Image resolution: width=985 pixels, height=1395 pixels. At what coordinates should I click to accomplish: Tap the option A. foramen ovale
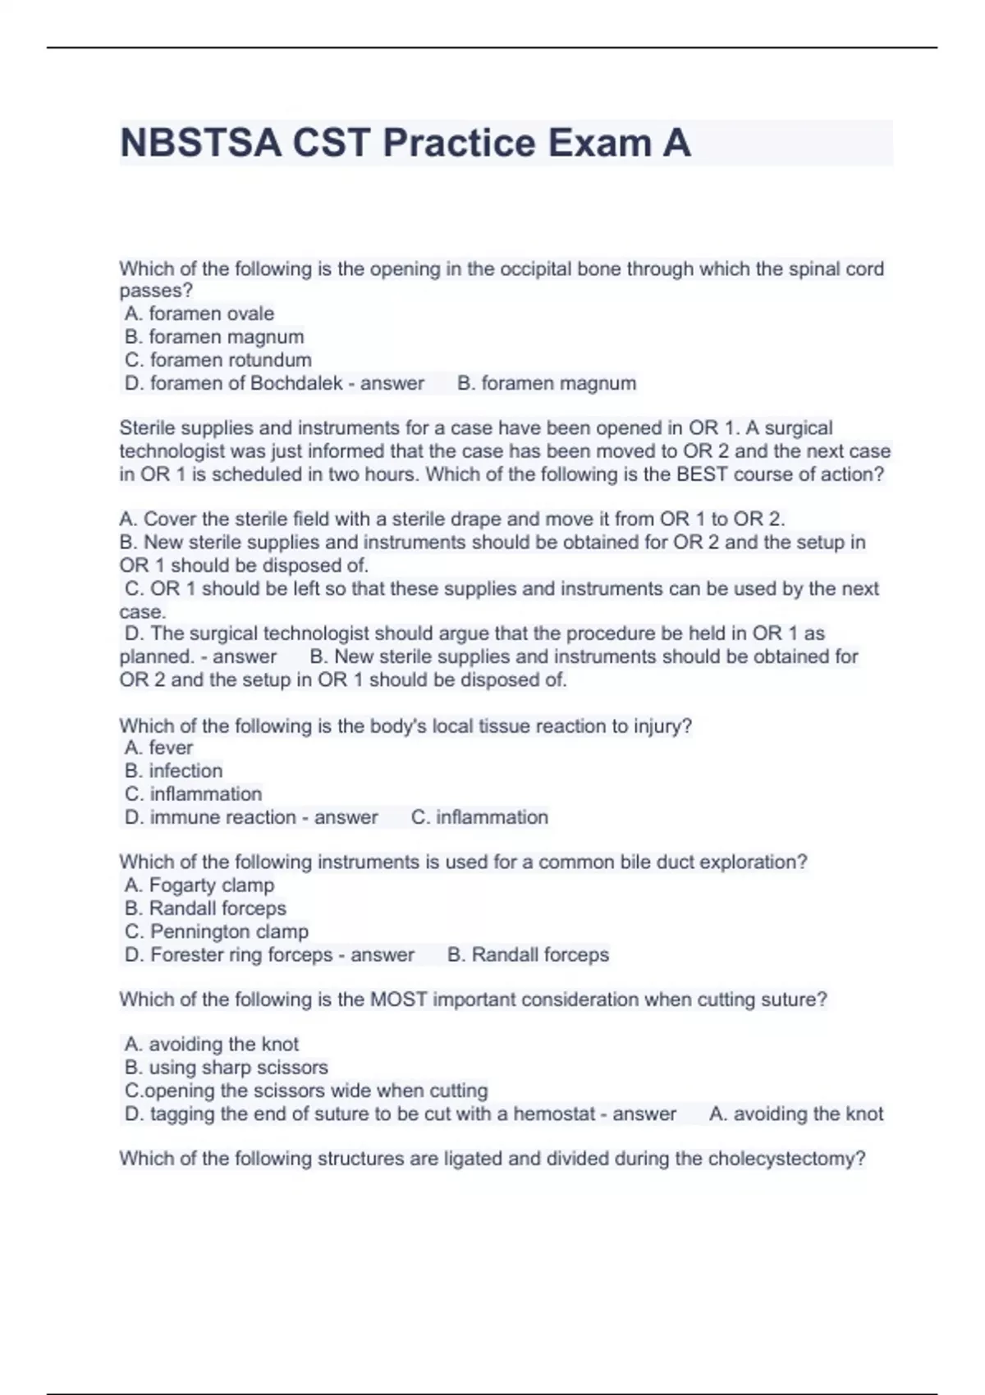point(199,313)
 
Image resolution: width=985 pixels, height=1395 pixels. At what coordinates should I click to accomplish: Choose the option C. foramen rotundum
point(218,359)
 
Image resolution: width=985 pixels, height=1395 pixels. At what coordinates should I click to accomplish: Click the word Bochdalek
point(295,383)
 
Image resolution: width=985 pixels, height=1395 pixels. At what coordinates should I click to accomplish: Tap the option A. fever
point(159,748)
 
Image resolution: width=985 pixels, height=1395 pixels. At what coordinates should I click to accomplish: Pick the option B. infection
point(174,771)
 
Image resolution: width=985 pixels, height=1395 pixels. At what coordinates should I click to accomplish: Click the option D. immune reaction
point(211,817)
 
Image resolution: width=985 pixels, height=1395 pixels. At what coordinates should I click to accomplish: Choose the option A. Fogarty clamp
point(199,885)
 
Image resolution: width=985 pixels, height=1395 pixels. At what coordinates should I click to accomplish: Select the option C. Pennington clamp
point(217,931)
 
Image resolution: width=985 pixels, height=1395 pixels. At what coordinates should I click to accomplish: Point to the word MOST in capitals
point(399,999)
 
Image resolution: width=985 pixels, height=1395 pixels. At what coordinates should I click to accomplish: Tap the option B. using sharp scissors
point(227,1067)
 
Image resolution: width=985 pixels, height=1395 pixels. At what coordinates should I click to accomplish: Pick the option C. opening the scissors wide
point(306,1091)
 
